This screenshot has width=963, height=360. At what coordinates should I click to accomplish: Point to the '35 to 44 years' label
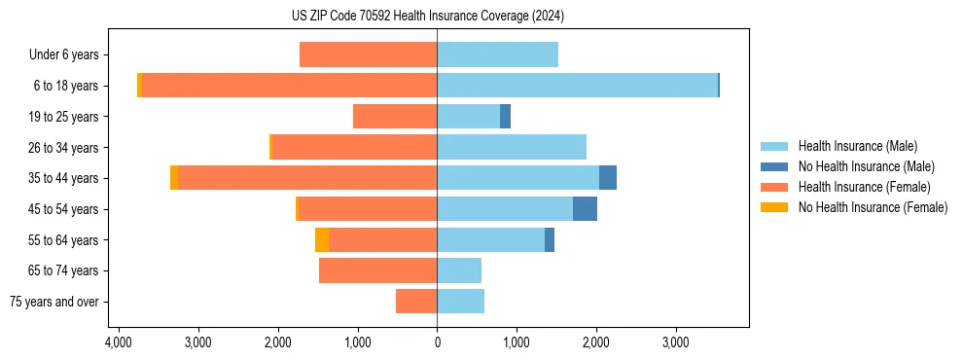tap(64, 178)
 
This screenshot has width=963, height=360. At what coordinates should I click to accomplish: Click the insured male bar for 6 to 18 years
tap(577, 86)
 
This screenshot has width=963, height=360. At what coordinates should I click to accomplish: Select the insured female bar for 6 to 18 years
tap(289, 86)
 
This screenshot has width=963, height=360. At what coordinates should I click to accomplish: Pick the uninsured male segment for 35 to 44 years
tap(608, 178)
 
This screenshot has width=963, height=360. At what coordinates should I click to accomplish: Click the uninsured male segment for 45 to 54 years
tap(585, 209)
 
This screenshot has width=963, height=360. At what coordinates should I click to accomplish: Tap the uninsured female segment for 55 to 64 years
tap(322, 239)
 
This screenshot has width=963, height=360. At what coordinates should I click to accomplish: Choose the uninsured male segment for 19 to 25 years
tap(505, 117)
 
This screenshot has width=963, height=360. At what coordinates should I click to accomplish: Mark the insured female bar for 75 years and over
tap(416, 302)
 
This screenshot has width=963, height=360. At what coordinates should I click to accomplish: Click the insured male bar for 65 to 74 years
tap(459, 270)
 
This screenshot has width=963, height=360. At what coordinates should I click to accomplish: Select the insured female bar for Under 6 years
tap(368, 54)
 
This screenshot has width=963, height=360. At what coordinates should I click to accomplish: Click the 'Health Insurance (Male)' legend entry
tap(857, 146)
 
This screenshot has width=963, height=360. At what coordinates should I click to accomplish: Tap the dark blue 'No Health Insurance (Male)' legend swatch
tap(774, 166)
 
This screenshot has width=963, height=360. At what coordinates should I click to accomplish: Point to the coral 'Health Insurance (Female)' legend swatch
tap(774, 187)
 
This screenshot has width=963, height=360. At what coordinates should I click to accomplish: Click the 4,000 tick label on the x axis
tap(119, 342)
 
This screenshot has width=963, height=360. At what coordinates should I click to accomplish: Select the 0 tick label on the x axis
tap(437, 342)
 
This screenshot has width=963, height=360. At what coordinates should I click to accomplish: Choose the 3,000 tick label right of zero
tap(675, 342)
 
